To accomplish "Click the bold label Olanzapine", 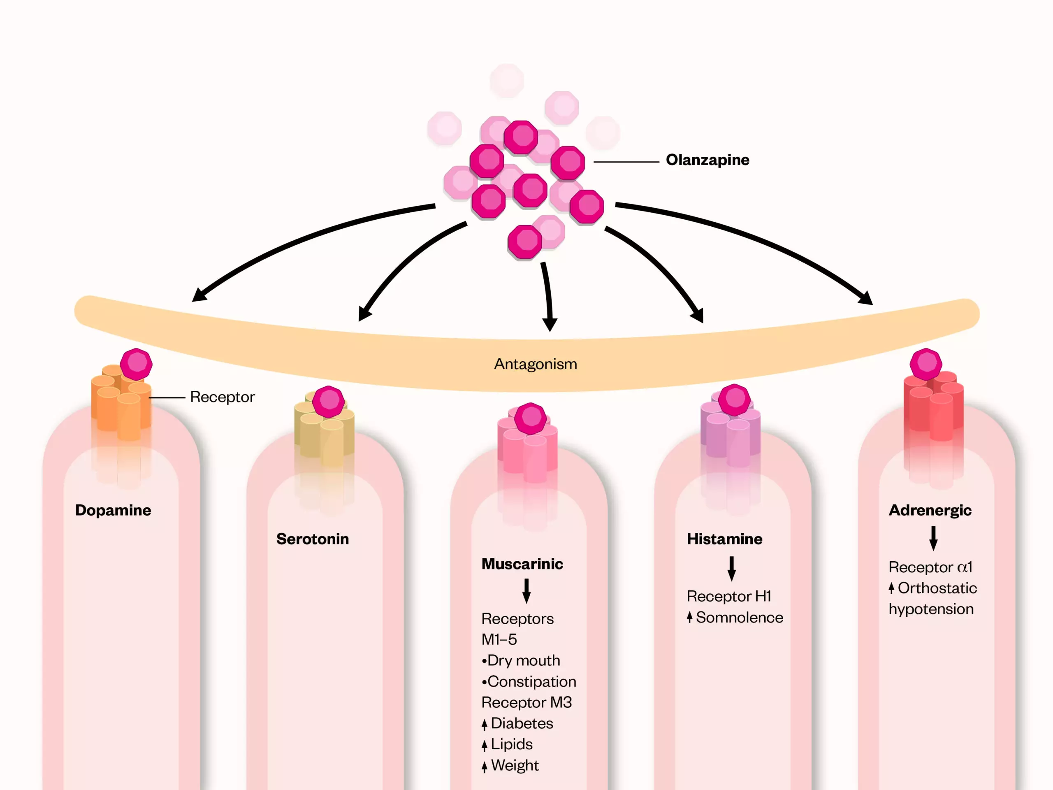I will (707, 160).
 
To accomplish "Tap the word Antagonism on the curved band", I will (535, 364).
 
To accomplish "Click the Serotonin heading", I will (312, 539).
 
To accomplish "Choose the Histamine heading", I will (724, 539).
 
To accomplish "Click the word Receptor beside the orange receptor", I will (222, 397).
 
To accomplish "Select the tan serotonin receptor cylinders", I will (324, 433).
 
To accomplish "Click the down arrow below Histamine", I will (732, 569).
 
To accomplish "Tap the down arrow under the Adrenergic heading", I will (933, 538).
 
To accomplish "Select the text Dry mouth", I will (523, 660).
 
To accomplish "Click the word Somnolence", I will (739, 618).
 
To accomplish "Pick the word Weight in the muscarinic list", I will (515, 765).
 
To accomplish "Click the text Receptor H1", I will (728, 596).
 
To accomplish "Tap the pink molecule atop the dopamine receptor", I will (136, 364).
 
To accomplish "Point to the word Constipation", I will (531, 681).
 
